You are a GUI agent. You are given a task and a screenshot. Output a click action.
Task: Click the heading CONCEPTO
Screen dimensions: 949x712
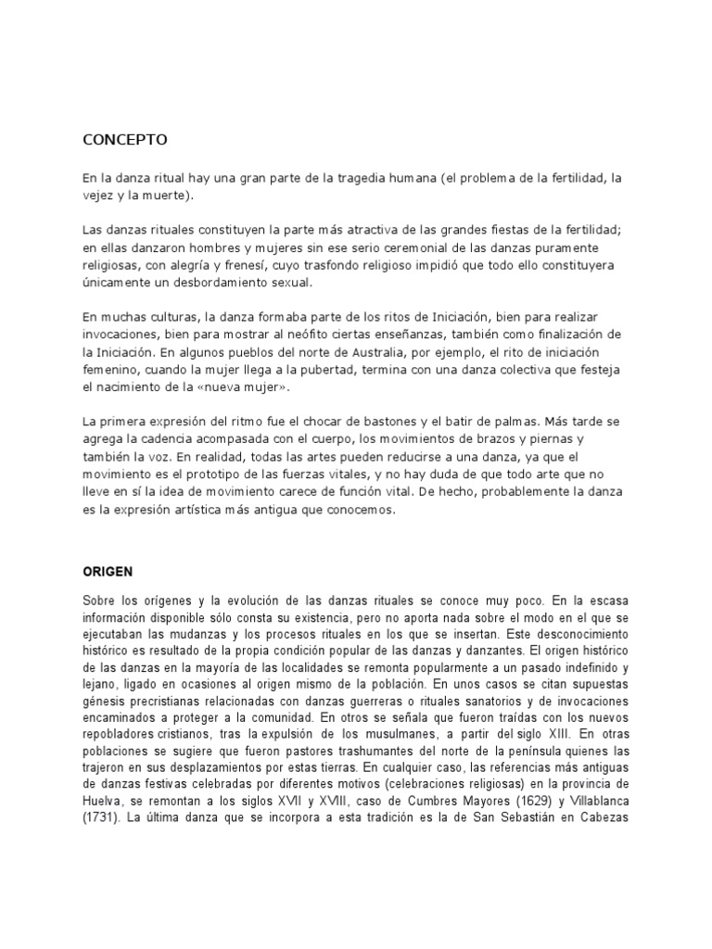click(124, 141)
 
